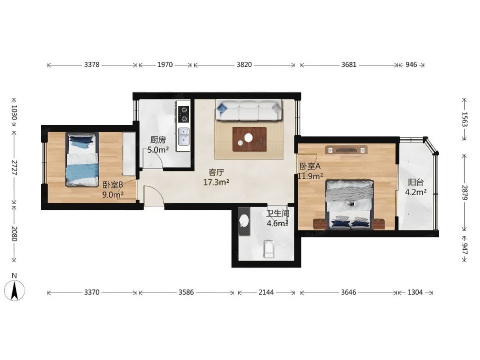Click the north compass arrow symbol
tap(14, 291)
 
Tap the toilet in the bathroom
tap(269, 249)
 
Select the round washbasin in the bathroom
tap(244, 220)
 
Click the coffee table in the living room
tap(249, 139)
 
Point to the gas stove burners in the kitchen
tap(183, 114)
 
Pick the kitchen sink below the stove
tap(183, 136)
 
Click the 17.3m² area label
tap(216, 182)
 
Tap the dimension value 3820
tap(244, 64)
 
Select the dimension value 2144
tap(266, 292)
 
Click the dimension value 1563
tap(464, 119)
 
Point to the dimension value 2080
tap(14, 233)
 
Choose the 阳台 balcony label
tap(415, 182)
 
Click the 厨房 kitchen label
tap(158, 140)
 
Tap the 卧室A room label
tap(310, 166)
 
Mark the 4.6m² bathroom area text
tap(277, 223)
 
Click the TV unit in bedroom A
tap(346, 150)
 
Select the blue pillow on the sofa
tap(222, 108)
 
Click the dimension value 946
tap(411, 64)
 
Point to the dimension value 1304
tap(415, 292)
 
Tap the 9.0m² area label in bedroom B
tap(112, 194)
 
